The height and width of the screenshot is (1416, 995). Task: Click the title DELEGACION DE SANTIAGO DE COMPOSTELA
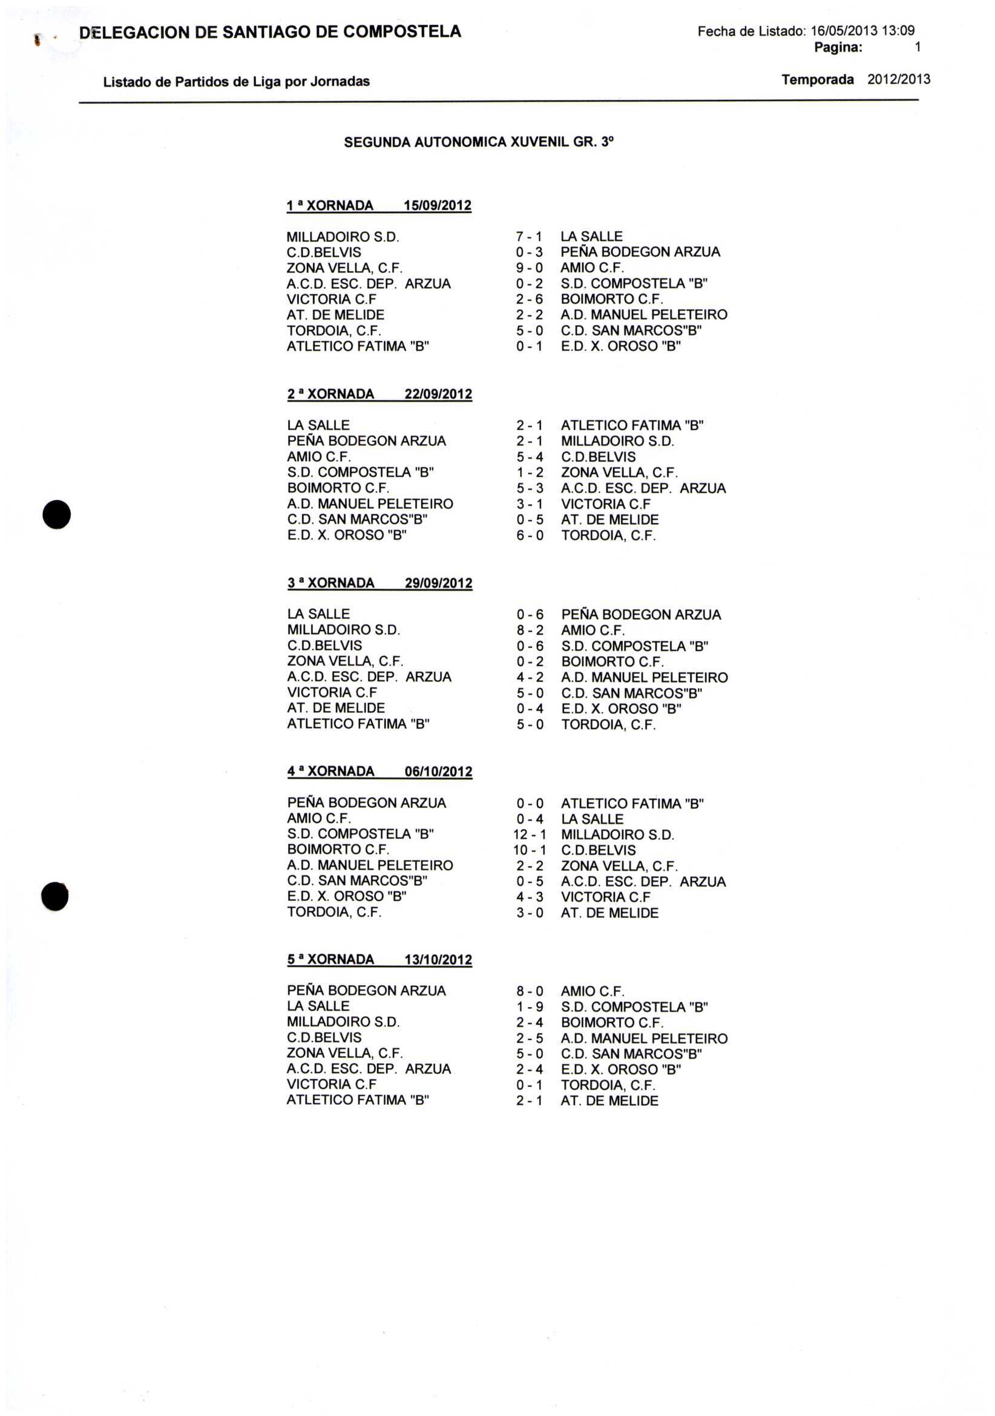pyautogui.click(x=270, y=32)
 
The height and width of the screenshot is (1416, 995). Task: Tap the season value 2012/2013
pyautogui.click(x=898, y=79)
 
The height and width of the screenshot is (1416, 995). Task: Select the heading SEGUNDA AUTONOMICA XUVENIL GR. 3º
pyautogui.click(x=479, y=142)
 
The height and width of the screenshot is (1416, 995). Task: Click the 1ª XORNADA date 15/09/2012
pyautogui.click(x=438, y=205)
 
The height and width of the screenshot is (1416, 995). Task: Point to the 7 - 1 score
pyautogui.click(x=529, y=237)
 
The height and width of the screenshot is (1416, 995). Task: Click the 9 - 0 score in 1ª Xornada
pyautogui.click(x=529, y=268)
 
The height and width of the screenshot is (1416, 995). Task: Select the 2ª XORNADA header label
pyautogui.click(x=330, y=394)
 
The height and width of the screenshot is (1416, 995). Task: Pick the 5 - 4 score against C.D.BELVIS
pyautogui.click(x=530, y=457)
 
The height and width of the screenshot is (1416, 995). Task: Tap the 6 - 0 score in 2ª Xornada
pyautogui.click(x=530, y=536)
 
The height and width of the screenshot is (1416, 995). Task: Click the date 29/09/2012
pyautogui.click(x=439, y=583)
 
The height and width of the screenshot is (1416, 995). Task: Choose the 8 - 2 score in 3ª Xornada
pyautogui.click(x=530, y=631)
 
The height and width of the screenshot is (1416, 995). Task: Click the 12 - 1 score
pyautogui.click(x=529, y=835)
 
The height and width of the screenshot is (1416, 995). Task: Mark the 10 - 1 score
pyautogui.click(x=529, y=850)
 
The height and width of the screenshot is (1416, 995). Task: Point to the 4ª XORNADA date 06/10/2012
pyautogui.click(x=439, y=772)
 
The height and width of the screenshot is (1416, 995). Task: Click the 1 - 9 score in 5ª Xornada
pyautogui.click(x=530, y=1007)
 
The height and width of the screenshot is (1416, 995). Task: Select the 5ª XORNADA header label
pyautogui.click(x=330, y=960)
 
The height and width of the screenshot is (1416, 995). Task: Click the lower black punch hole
pyautogui.click(x=55, y=896)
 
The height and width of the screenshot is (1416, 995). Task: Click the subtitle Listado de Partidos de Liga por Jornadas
pyautogui.click(x=236, y=82)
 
